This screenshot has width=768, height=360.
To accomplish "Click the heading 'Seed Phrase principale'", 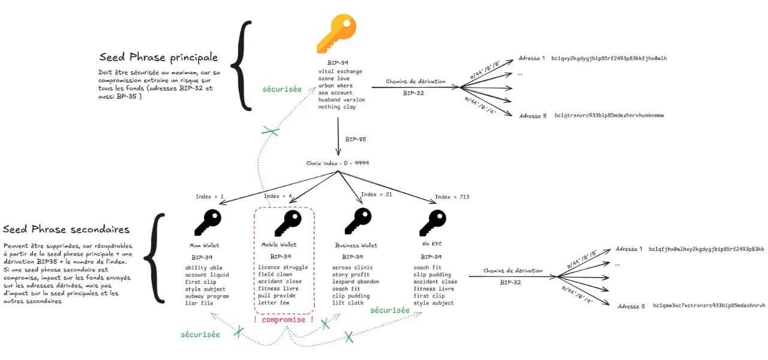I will (158, 58).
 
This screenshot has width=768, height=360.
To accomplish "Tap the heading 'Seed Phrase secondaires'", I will (66, 230).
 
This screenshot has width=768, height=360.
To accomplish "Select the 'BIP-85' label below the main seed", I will (355, 139).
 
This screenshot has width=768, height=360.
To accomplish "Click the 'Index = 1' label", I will (209, 197).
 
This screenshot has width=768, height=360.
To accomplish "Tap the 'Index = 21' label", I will (377, 194).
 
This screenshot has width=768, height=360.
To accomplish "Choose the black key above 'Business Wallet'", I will (358, 222).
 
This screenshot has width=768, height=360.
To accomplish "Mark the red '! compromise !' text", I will (283, 320).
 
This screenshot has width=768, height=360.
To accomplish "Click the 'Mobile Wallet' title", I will (279, 245).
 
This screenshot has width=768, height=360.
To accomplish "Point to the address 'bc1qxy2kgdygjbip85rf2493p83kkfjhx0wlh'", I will (609, 58).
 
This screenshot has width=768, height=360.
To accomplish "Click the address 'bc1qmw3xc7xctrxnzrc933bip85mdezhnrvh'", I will (709, 306).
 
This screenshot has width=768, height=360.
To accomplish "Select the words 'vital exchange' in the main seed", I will (340, 71).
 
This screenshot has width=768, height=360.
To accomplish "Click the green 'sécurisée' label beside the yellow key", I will (283, 89).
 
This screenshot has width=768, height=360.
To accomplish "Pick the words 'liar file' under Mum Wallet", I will (199, 303).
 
